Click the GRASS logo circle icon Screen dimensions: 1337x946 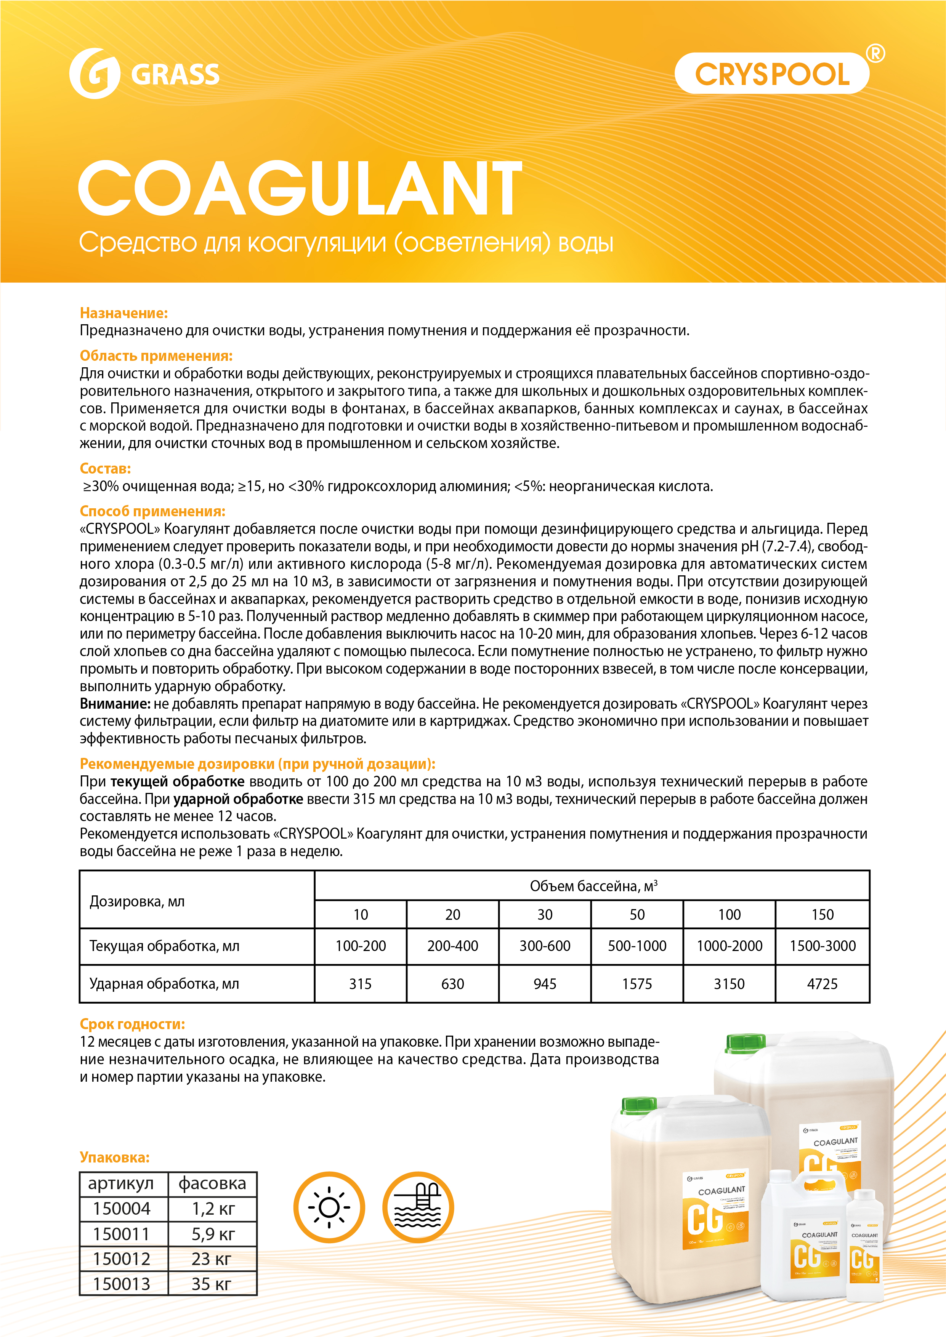pos(95,74)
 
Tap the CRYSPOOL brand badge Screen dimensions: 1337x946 pos(772,74)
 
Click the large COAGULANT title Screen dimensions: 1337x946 pos(300,189)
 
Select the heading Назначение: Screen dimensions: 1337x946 pos(123,313)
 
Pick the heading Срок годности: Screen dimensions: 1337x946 pos(132,1024)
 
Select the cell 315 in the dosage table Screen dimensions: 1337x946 pos(360,984)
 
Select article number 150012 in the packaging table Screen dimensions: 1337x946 pos(122,1259)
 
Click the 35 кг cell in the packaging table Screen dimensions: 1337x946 pos(212,1284)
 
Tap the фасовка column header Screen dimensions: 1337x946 pos(212,1184)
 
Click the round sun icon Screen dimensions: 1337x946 pos(329,1207)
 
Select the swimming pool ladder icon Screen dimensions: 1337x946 pos(418,1207)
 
